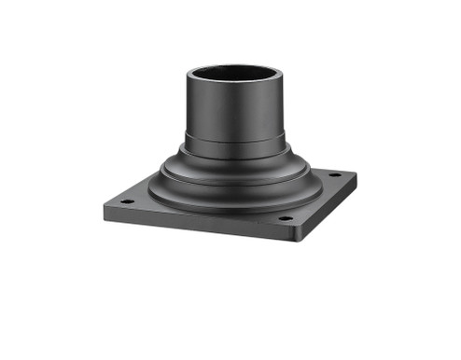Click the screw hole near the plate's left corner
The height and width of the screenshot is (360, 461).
[127, 201]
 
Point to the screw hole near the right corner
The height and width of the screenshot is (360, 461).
[334, 174]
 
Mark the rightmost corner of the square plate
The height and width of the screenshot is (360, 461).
[357, 173]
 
